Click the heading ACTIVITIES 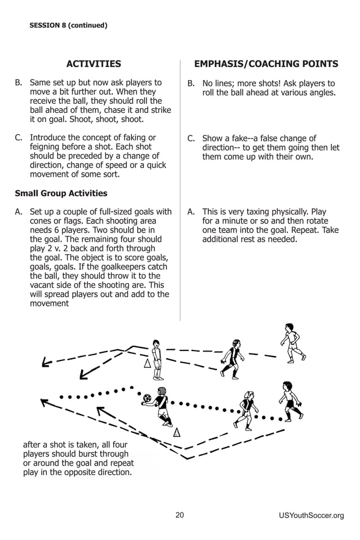click(x=94, y=64)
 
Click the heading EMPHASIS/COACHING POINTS click(x=266, y=64)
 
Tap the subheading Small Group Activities click(x=61, y=194)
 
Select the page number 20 click(x=179, y=515)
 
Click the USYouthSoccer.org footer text click(x=311, y=515)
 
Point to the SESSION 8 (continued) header click(x=68, y=25)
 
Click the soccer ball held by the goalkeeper click(x=147, y=398)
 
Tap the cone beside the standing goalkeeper click(x=148, y=363)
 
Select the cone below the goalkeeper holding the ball click(x=177, y=433)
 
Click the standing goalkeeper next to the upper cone click(x=157, y=359)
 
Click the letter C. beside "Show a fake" click(x=191, y=138)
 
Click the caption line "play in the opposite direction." click(x=77, y=472)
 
